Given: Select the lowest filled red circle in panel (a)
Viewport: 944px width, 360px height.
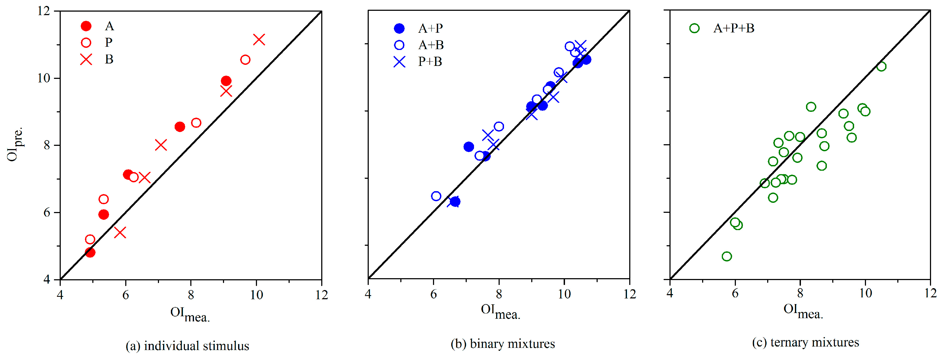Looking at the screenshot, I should (90, 252).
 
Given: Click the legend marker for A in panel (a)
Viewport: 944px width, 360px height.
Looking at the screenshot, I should (86, 26).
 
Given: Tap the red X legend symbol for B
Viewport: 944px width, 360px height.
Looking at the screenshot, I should (86, 59).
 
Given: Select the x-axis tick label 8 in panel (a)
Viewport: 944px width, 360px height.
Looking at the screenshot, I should (191, 295).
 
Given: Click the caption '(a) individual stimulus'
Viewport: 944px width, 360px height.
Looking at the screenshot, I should (187, 346).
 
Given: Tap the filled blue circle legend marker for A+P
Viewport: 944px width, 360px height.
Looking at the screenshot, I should (399, 28).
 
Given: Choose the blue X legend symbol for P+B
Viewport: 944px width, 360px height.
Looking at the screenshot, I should (399, 62).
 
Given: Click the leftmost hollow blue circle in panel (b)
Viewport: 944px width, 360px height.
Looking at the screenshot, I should (436, 196).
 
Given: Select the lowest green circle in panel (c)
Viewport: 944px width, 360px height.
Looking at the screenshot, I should (727, 256).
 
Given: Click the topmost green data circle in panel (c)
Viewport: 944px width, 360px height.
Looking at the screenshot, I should (881, 66).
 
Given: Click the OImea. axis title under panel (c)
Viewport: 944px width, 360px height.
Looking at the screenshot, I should (803, 311).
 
